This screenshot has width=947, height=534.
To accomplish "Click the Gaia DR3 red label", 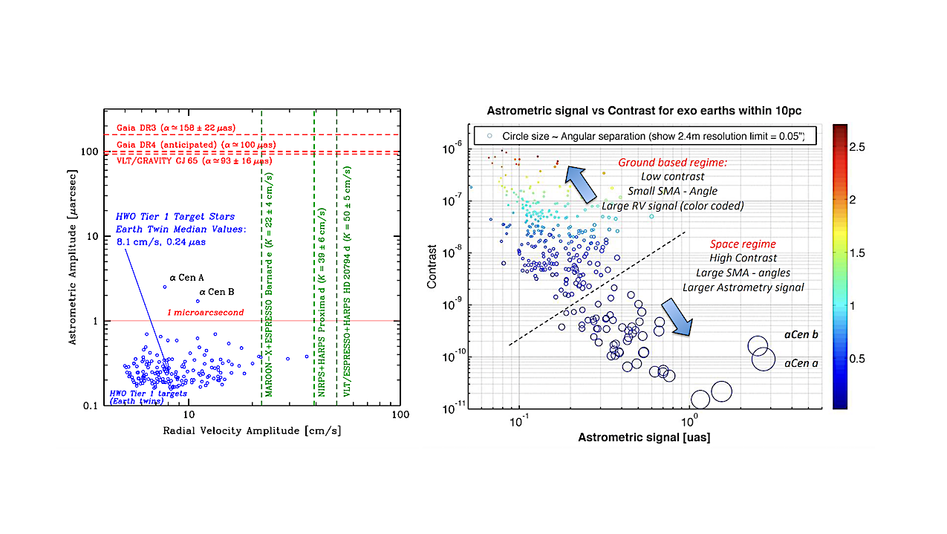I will [186, 126].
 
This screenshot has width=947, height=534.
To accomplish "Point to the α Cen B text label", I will [218, 292].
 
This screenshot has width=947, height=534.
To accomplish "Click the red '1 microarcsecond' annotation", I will [206, 313].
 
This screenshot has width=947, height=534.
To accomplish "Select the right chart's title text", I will [643, 111].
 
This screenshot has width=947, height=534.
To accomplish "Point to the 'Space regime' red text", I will [743, 244].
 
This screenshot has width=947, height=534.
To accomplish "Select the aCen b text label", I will [801, 335].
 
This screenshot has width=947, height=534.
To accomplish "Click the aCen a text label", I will [801, 363].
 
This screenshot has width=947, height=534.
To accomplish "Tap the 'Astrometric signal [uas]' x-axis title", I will [643, 437].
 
